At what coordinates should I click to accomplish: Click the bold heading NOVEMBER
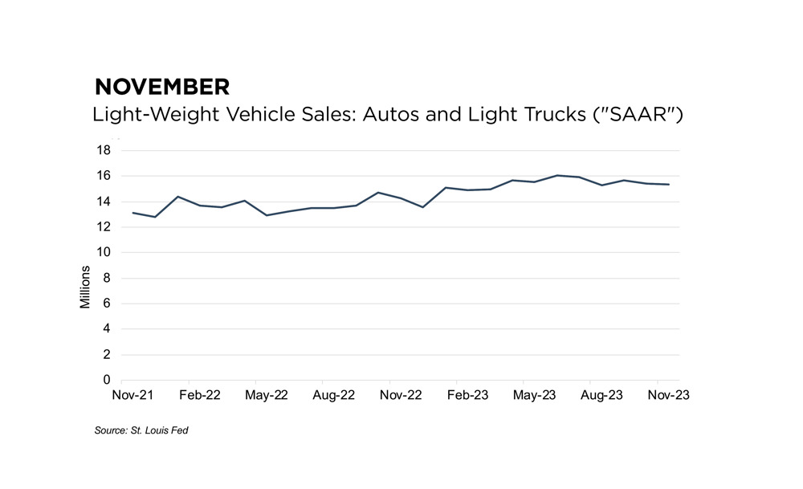(161, 87)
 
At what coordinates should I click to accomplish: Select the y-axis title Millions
(86, 287)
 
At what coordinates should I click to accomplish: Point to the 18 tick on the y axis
(104, 150)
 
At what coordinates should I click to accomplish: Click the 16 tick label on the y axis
(104, 176)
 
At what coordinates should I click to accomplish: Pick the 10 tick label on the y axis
(104, 252)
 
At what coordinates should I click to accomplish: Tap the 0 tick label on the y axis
(107, 380)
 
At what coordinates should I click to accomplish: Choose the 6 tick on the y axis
(107, 304)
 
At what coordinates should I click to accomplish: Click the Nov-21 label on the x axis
(132, 396)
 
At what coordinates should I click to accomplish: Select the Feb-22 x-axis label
(199, 396)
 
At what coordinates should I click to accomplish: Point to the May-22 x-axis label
(267, 396)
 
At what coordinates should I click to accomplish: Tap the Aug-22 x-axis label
(333, 396)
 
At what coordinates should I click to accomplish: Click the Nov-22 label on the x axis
(401, 396)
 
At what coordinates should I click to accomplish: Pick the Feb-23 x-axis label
(467, 396)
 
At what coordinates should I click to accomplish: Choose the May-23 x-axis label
(535, 396)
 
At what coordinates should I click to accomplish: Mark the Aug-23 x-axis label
(601, 396)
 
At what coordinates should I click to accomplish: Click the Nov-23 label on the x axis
(668, 396)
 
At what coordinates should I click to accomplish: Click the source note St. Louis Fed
(141, 431)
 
